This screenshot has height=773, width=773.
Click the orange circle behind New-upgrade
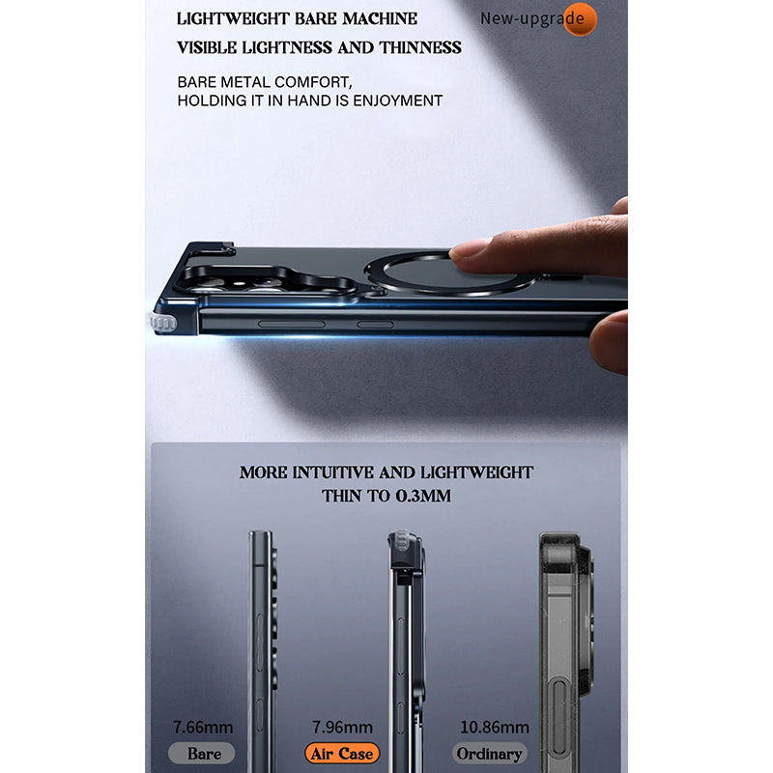(580, 19)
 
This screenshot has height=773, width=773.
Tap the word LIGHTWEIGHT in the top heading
(232, 18)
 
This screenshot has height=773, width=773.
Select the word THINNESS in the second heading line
(420, 47)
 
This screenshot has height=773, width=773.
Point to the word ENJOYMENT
(398, 100)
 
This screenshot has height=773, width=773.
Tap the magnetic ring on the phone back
(450, 275)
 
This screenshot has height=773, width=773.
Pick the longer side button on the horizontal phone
(292, 324)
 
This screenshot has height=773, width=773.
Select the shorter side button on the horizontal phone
(375, 325)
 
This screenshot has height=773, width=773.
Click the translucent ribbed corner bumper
(162, 323)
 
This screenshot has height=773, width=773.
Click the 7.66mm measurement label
(203, 728)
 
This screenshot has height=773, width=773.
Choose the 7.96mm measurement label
(342, 728)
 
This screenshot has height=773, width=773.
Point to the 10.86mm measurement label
(495, 728)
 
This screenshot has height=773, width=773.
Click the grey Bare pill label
(202, 754)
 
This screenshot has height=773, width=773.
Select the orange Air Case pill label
(342, 754)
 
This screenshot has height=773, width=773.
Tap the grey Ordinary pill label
(490, 754)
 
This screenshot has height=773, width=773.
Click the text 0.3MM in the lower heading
(423, 496)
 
